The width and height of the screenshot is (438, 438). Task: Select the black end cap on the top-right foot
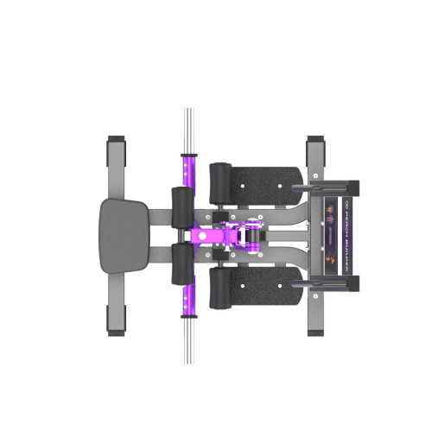pyautogui.click(x=314, y=140)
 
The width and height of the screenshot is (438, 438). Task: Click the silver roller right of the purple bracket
pyautogui.click(x=254, y=236)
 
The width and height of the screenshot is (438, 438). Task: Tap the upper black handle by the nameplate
pyautogui.click(x=328, y=185)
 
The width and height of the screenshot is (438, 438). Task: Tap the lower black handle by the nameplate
pyautogui.click(x=328, y=282)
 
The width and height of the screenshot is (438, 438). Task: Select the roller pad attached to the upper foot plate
pyautogui.click(x=222, y=180)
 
